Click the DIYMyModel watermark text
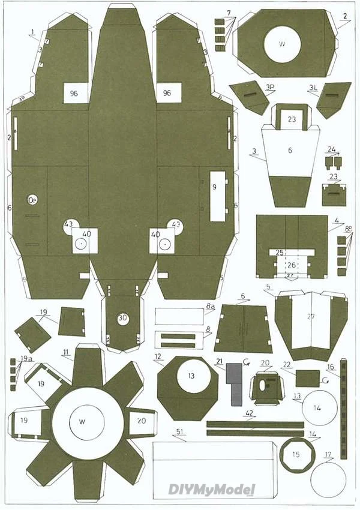coord(212,490)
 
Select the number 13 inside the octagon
coord(191,376)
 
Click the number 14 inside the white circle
coord(317,407)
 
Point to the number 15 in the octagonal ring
coord(295,454)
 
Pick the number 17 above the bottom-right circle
coord(327,454)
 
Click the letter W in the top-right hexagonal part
coord(282,44)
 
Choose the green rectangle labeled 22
coord(308,378)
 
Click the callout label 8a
coord(210,307)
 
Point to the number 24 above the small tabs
coord(332,149)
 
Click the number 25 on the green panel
coord(279,253)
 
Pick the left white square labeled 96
coord(74,93)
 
